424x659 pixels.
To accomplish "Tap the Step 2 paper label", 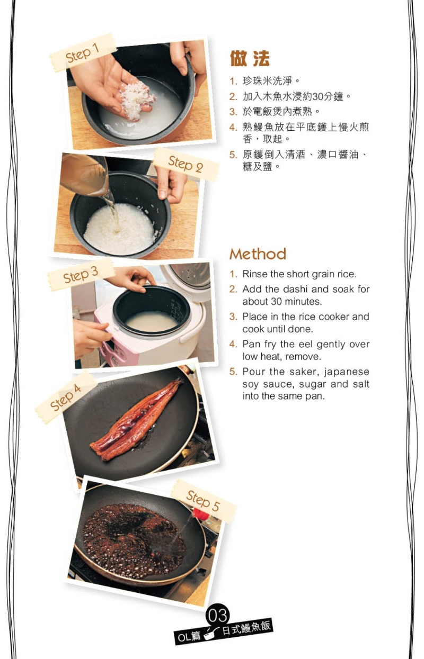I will click(185, 164).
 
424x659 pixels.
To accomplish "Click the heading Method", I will click(258, 254).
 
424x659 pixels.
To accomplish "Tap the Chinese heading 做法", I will click(250, 59).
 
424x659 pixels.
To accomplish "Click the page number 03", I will click(217, 615).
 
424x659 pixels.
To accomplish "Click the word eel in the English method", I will click(304, 344).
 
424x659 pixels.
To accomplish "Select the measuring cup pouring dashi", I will click(85, 175).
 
